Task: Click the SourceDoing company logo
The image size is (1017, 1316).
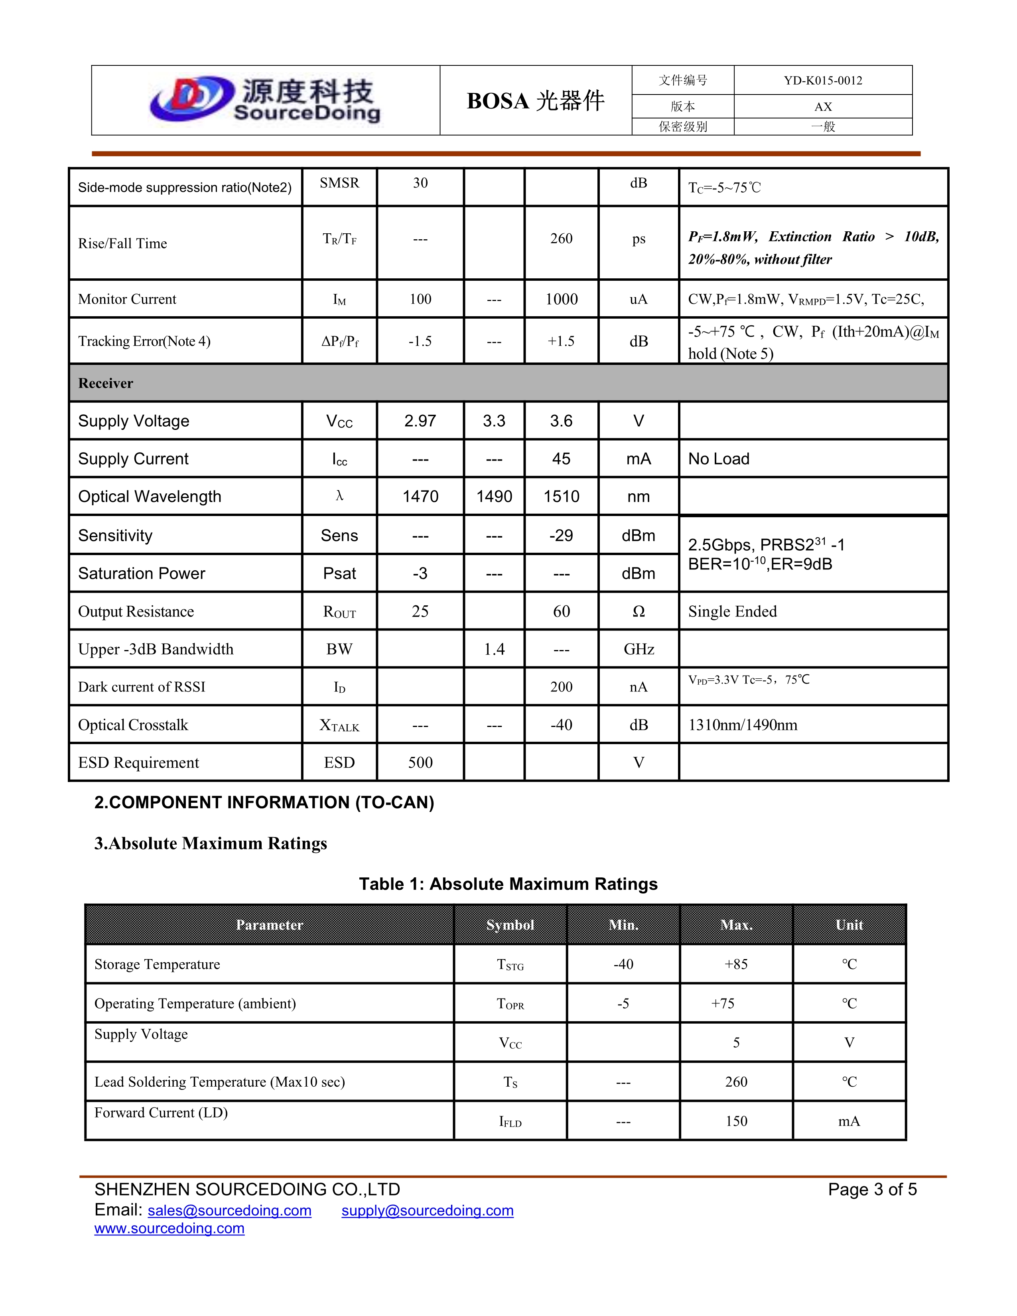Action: coord(265,100)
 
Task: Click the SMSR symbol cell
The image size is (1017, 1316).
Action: coord(339,183)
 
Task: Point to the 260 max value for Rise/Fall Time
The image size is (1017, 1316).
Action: coord(561,238)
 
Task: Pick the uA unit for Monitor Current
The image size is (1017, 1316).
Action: coord(638,299)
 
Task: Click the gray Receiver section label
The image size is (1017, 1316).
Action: coord(106,383)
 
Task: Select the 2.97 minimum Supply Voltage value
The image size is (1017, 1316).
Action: coord(420,421)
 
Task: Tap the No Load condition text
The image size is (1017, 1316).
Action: coord(719,459)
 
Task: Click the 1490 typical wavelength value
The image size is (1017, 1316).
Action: coord(494,496)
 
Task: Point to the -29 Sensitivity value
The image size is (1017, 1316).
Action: coord(561,536)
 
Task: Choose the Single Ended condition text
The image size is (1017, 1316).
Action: coord(732,612)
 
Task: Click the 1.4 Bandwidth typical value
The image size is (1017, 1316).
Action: coord(494,650)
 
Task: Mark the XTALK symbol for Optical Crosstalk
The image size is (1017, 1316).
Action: coord(339,725)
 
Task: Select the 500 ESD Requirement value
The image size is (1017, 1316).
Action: coord(420,763)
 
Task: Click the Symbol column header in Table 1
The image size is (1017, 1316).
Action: coord(510,925)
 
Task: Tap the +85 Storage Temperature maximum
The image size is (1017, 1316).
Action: coord(736,965)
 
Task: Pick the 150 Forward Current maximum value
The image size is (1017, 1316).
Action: coord(736,1121)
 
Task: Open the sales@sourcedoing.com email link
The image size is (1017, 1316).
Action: coord(230,1211)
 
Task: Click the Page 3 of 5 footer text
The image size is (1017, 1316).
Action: coord(872,1190)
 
